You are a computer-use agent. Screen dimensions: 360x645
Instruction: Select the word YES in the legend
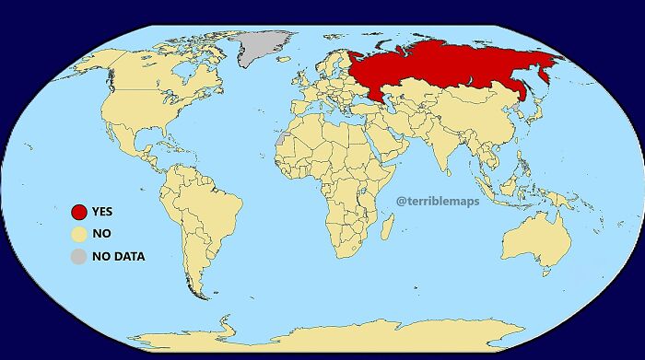(x=102, y=212)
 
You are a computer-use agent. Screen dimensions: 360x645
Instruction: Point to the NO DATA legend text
(x=119, y=256)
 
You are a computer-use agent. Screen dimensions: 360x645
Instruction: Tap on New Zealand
(x=608, y=281)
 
